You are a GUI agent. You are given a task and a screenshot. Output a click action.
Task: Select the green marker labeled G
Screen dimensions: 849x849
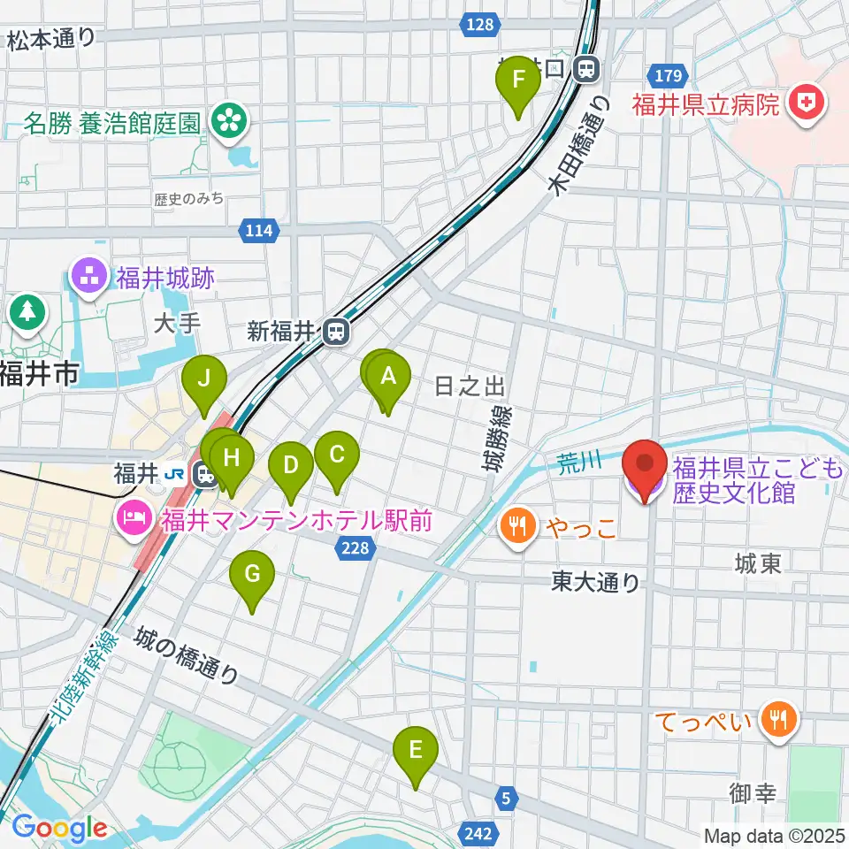(x=252, y=577)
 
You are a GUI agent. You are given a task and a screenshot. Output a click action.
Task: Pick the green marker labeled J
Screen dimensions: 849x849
(x=204, y=380)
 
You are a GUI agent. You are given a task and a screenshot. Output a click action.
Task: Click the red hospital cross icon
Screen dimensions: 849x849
(x=805, y=105)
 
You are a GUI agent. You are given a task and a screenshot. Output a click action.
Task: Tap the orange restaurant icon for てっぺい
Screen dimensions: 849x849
(x=778, y=720)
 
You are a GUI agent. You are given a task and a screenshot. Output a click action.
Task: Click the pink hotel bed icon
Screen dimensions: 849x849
(x=133, y=516)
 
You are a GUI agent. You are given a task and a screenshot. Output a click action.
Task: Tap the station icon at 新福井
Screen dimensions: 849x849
(x=335, y=332)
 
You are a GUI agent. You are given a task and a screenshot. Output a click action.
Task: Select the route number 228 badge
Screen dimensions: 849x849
(x=354, y=550)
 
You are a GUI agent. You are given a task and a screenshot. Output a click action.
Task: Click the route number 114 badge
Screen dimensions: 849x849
(x=257, y=232)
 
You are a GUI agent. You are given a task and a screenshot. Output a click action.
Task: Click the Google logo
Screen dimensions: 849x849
(x=60, y=828)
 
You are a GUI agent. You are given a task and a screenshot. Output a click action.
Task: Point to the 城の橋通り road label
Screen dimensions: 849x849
(x=187, y=656)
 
